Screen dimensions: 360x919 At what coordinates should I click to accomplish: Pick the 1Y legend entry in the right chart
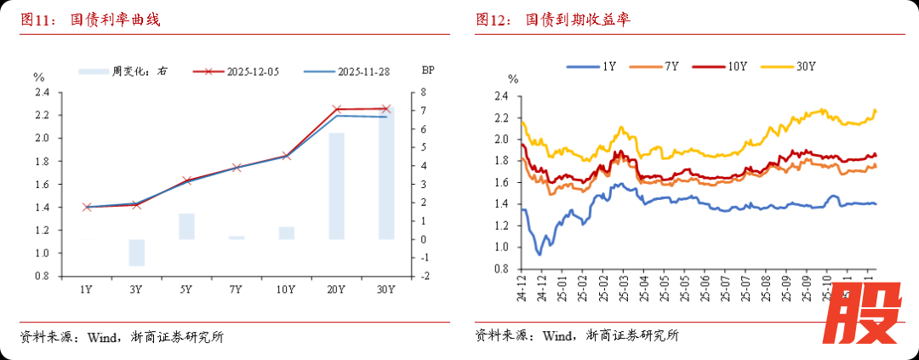tap(595, 66)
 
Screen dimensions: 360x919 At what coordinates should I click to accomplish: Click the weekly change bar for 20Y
tap(336, 186)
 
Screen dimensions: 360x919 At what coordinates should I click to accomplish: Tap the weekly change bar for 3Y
tap(136, 253)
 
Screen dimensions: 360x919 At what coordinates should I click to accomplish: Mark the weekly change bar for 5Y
tap(186, 226)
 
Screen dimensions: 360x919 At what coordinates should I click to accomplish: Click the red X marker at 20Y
tap(336, 109)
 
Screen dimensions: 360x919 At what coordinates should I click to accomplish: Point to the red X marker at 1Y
tap(86, 207)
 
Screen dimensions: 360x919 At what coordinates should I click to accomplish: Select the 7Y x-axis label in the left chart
tap(236, 290)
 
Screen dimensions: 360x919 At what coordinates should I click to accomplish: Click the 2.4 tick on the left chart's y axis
tap(42, 92)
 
